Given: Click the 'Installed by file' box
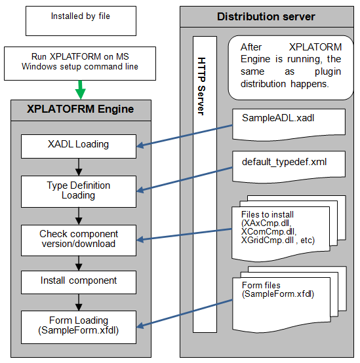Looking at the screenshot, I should [x=80, y=21].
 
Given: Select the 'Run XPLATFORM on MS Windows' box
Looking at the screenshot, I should [x=80, y=62].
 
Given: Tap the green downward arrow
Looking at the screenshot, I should [x=80, y=88].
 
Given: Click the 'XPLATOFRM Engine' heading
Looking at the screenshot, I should [x=79, y=109].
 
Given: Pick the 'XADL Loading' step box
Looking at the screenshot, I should [x=79, y=145].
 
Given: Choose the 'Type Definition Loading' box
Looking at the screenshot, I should [x=79, y=190].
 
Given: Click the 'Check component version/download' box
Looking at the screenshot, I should [x=79, y=239].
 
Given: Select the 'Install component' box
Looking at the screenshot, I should [x=79, y=280].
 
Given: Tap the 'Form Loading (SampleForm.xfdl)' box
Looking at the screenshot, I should [x=79, y=324].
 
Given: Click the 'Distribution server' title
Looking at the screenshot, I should [x=266, y=16].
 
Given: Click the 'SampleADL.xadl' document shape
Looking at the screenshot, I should [x=287, y=121].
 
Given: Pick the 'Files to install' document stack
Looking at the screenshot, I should [x=285, y=226].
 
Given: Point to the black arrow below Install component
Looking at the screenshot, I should [x=79, y=301].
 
